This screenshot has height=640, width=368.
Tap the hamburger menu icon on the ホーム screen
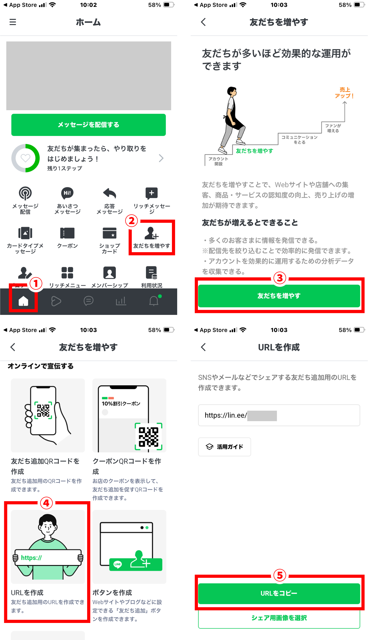click(x=13, y=22)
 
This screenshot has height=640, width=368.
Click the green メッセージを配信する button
click(x=88, y=125)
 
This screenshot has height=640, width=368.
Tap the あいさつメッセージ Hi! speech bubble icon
click(x=67, y=193)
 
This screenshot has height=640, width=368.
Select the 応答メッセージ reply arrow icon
click(x=109, y=193)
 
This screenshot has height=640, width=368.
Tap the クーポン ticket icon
click(x=67, y=233)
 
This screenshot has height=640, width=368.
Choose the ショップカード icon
click(x=109, y=233)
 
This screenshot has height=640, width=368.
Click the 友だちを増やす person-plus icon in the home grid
click(x=151, y=233)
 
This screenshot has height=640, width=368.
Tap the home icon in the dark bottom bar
click(x=23, y=301)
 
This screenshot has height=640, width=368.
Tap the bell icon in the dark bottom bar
click(x=154, y=301)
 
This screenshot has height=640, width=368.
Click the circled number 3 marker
click(x=280, y=278)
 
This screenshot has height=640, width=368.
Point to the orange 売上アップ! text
click(x=344, y=93)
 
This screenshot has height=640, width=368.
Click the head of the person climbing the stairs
click(x=232, y=91)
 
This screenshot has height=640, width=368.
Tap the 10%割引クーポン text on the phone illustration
click(x=121, y=404)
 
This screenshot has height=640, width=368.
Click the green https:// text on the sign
click(x=31, y=558)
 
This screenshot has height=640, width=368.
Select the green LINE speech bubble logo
click(x=118, y=564)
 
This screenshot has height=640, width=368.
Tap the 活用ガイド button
click(x=224, y=447)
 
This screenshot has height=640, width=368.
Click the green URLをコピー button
click(x=279, y=593)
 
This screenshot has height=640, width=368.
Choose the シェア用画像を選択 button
click(x=279, y=618)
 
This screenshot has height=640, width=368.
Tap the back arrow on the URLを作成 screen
click(x=203, y=347)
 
